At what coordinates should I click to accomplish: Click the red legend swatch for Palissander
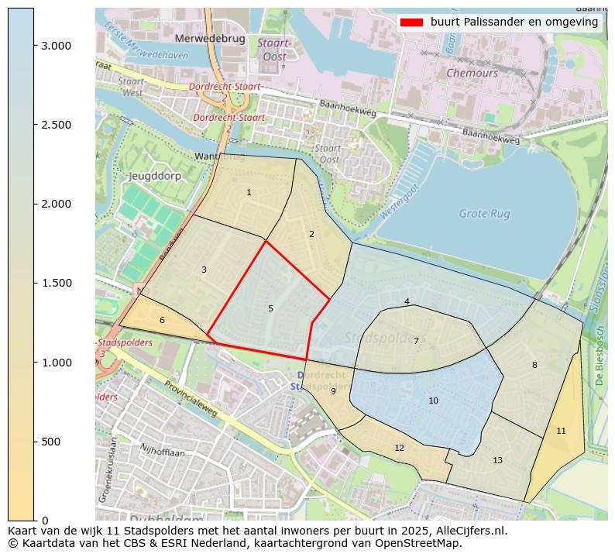coord(411,22)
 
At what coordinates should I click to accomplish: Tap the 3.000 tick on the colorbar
coord(34,46)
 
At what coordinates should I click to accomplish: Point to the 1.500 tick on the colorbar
coord(34,283)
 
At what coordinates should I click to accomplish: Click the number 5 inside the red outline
coord(270,308)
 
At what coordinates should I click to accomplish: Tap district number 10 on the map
coord(433,401)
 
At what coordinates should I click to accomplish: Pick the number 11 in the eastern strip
coord(561,431)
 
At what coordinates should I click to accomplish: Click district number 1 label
coord(249,192)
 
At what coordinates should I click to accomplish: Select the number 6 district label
coord(162,320)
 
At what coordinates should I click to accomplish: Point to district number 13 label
coord(497,460)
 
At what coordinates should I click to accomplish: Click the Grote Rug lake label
coord(485,213)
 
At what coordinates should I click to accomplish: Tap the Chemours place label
coord(472,73)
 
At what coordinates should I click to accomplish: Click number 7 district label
coord(416,341)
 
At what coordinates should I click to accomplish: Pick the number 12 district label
coord(399,448)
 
